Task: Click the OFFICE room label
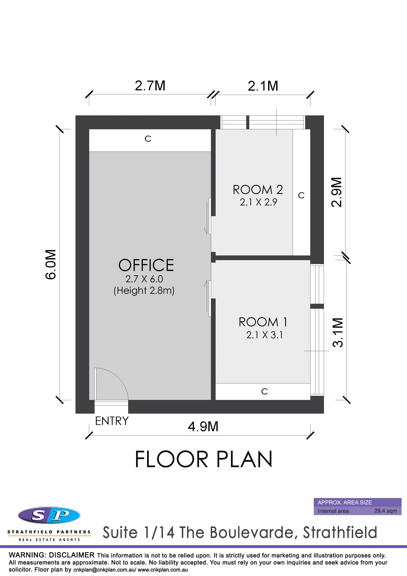(x=146, y=265)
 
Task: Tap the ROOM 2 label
(x=258, y=190)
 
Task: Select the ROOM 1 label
(x=263, y=322)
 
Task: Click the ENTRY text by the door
(x=112, y=421)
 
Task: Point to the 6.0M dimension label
(x=51, y=264)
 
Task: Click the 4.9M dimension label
(x=203, y=426)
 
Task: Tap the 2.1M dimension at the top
(x=263, y=86)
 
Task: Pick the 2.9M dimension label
(x=336, y=192)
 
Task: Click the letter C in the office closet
(x=148, y=139)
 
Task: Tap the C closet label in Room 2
(x=301, y=196)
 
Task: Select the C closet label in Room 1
(x=265, y=391)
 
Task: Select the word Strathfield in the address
(x=340, y=532)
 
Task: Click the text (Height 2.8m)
(x=144, y=291)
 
